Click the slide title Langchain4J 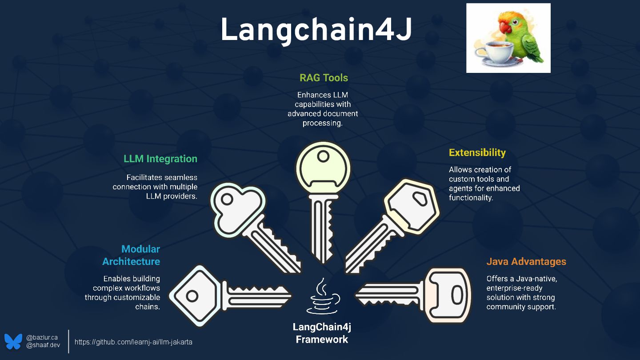(x=316, y=30)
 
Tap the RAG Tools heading (x=324, y=78)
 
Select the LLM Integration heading (x=160, y=159)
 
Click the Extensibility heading (x=477, y=152)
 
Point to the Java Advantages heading (x=526, y=261)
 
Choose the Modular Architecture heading (x=131, y=255)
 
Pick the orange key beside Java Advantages (x=447, y=294)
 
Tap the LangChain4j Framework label (x=322, y=333)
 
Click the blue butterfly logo (x=13, y=341)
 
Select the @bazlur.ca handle (x=42, y=337)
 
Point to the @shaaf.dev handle (x=43, y=345)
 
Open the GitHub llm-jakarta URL (x=133, y=342)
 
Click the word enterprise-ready (x=514, y=288)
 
